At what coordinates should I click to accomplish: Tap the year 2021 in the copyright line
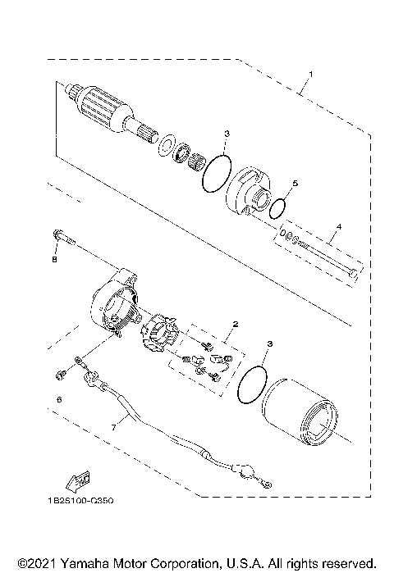pos(34,564)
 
